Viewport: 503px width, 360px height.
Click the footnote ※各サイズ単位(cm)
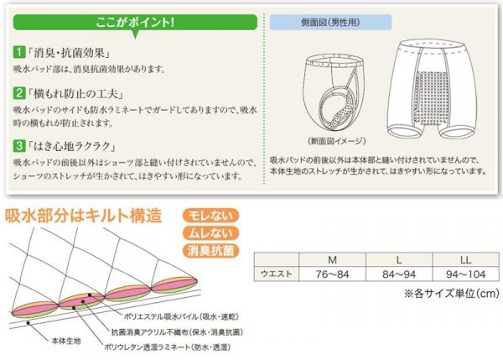451,293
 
